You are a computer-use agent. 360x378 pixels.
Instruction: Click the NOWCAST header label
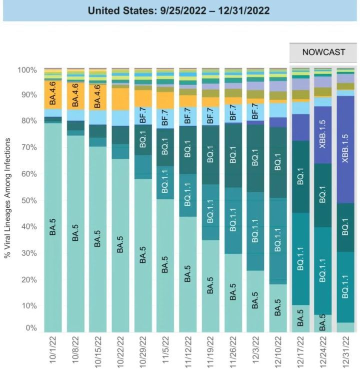(323, 52)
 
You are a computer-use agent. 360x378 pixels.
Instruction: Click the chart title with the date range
(179, 10)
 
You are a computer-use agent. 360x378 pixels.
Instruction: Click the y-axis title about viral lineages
(8, 199)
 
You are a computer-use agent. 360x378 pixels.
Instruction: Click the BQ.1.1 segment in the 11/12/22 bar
(188, 195)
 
